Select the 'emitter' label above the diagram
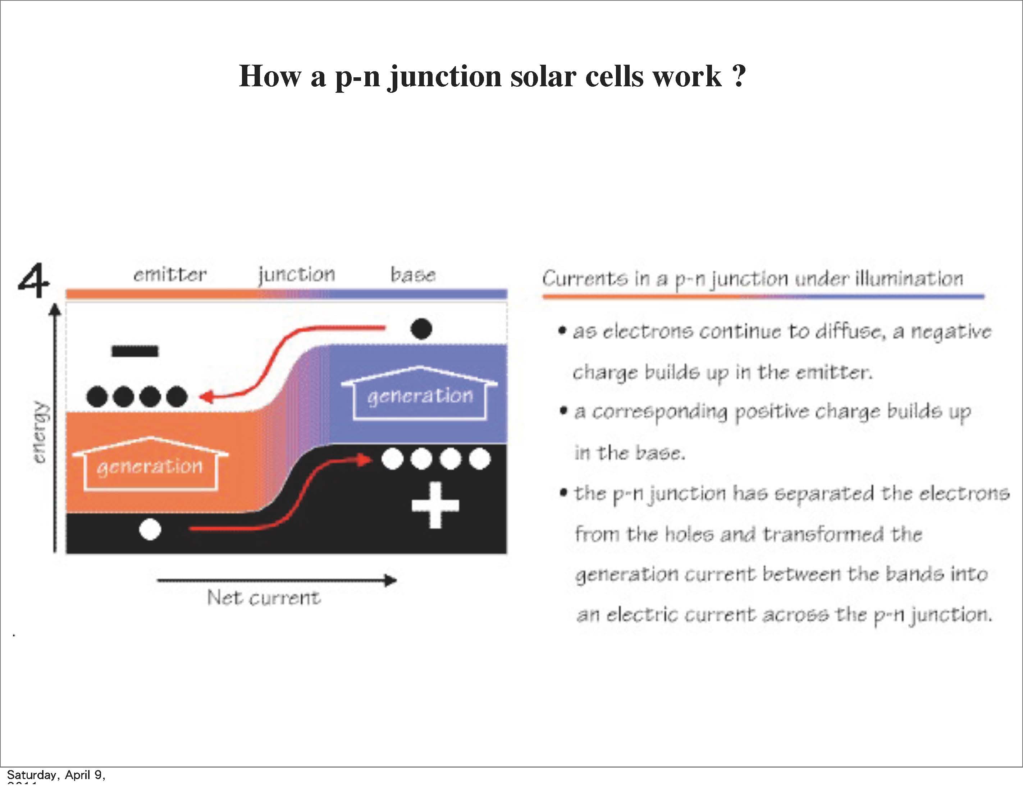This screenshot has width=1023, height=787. pyautogui.click(x=170, y=275)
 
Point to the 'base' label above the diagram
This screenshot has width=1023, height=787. pyautogui.click(x=413, y=275)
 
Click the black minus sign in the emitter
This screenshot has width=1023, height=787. pyautogui.click(x=135, y=351)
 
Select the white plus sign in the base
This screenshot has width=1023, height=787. pyautogui.click(x=435, y=505)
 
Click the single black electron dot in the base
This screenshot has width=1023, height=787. pyautogui.click(x=421, y=329)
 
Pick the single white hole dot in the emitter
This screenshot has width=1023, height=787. pyautogui.click(x=150, y=529)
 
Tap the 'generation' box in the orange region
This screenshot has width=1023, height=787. pyautogui.click(x=150, y=466)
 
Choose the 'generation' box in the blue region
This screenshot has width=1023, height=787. pyautogui.click(x=420, y=396)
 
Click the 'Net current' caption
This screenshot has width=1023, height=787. pyautogui.click(x=264, y=598)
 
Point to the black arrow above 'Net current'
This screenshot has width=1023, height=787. pyautogui.click(x=277, y=581)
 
